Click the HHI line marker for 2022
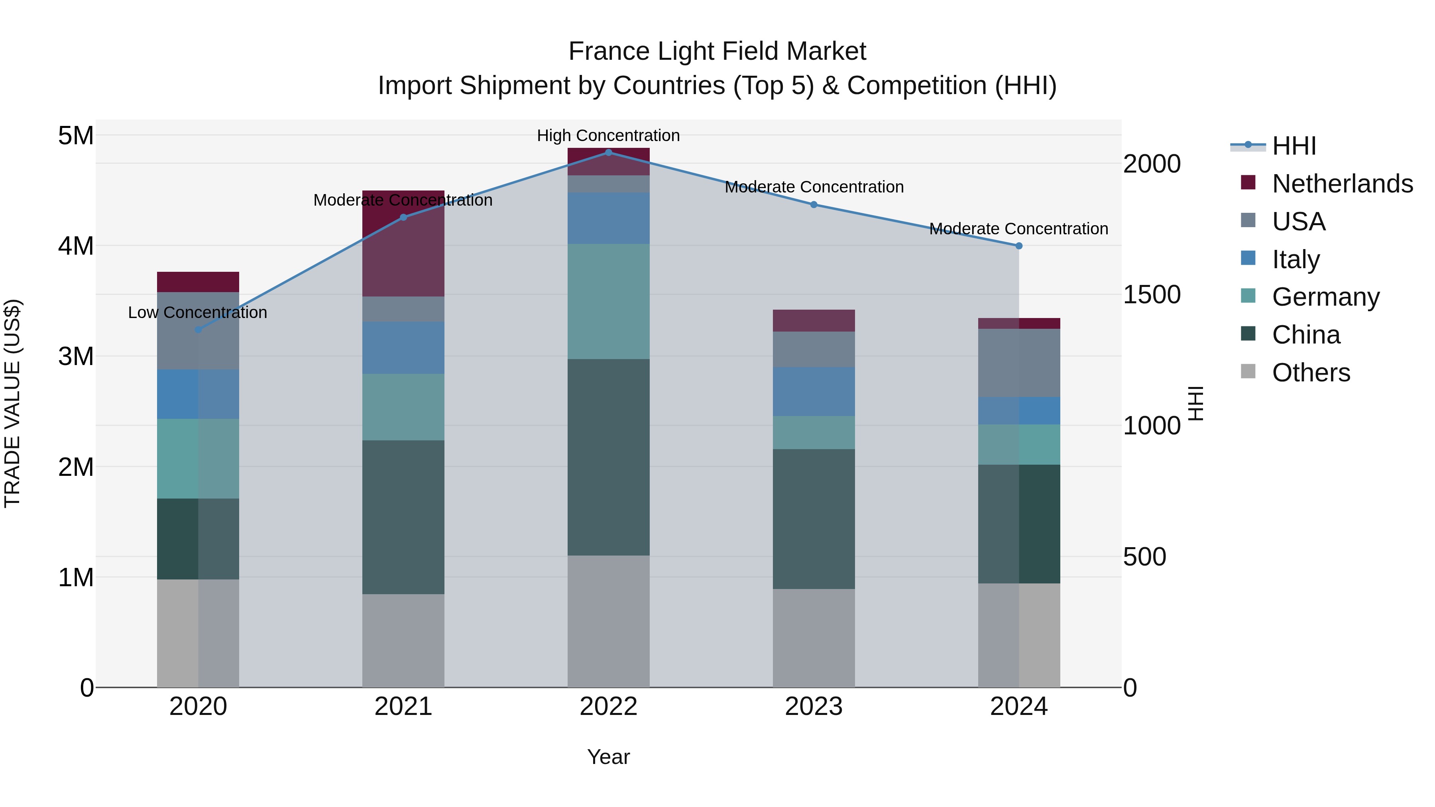pos(608,152)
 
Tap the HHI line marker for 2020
pos(199,330)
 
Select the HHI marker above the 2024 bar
pos(1019,245)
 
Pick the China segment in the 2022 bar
pos(608,457)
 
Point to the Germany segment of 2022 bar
pos(608,301)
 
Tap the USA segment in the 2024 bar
pos(1019,363)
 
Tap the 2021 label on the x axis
pos(403,707)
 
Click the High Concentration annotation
pos(608,135)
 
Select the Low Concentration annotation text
pos(198,312)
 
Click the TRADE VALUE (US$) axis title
pos(12,403)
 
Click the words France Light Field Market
pos(717,51)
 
